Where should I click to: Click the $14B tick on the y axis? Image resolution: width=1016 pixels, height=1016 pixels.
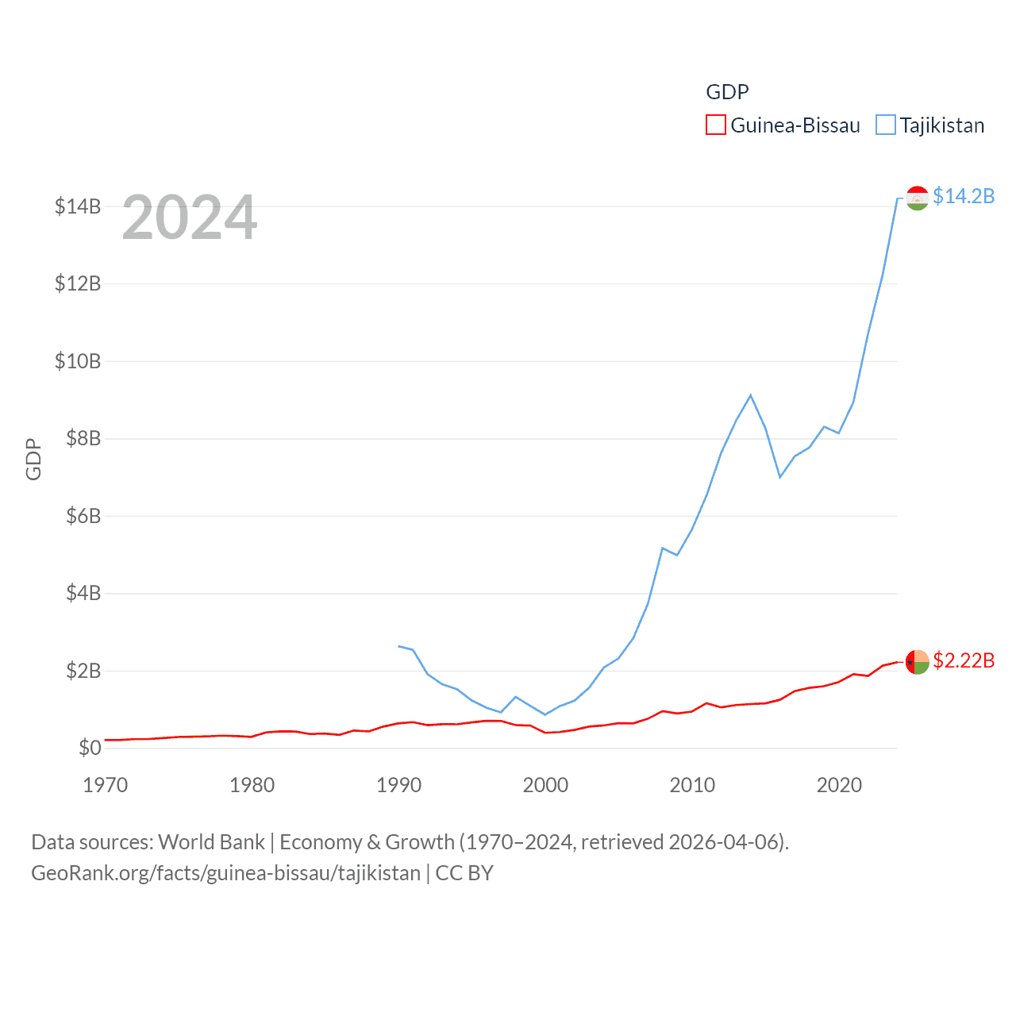78,206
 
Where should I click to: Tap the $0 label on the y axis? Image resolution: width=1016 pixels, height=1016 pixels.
90,748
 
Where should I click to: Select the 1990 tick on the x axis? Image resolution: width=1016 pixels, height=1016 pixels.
398,785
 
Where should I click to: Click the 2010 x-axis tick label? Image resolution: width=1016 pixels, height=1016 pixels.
692,785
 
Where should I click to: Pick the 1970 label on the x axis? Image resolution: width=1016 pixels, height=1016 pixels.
106,785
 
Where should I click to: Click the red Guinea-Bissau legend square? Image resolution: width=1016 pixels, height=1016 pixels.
715,125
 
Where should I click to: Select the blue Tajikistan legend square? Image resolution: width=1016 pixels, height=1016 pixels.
885,125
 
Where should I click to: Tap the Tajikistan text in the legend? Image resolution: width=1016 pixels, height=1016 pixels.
941,125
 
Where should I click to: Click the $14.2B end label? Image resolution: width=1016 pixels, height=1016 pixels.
964,196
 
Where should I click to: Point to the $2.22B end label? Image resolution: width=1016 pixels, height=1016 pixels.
964,660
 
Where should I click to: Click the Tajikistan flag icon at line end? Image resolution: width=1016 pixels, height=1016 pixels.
917,198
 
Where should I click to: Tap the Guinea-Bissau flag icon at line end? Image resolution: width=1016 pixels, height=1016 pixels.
917,662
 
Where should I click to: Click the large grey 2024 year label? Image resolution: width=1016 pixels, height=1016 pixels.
190,217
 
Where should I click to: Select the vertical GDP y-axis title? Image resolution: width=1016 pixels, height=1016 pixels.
33,459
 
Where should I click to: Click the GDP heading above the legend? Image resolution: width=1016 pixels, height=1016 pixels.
727,92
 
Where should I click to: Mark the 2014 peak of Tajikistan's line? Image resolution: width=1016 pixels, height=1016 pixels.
750,395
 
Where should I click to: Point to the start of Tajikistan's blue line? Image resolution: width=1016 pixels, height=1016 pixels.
398,646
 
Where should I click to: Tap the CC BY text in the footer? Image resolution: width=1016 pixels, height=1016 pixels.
464,873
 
